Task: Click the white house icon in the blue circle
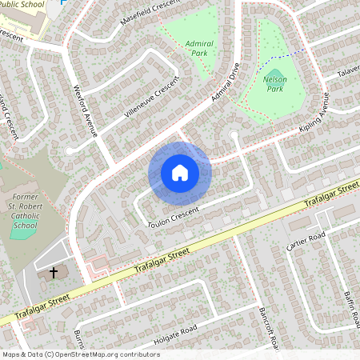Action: [x=180, y=173]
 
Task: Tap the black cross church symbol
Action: [x=54, y=273]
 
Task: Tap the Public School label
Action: [x=22, y=4]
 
